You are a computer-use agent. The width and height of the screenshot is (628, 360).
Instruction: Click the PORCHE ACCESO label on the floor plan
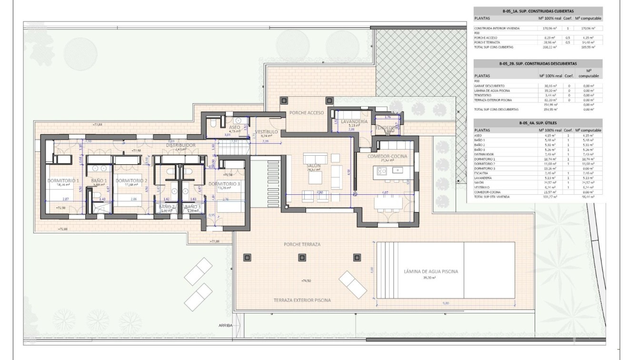click(306, 113)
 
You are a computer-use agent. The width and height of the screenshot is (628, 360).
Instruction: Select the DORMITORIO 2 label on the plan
click(131, 180)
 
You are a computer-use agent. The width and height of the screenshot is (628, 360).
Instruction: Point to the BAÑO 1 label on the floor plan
click(99, 180)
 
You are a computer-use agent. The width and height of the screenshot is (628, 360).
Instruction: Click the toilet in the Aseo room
click(213, 123)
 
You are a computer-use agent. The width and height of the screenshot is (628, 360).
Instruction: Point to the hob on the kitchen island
click(395, 170)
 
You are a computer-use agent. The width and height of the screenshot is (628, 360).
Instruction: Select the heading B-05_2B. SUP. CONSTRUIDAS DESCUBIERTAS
click(538, 63)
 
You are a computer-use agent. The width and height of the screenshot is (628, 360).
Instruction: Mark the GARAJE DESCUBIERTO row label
click(489, 86)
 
